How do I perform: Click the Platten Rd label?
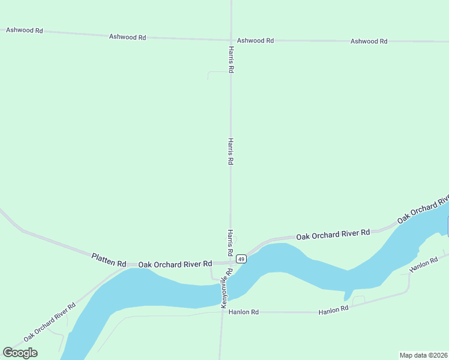(109, 260)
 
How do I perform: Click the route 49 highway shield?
(241, 259)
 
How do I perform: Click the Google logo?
(20, 353)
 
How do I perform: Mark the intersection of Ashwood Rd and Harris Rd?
(231, 40)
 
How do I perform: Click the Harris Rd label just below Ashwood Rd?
(231, 59)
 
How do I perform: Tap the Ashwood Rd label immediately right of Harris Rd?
(255, 40)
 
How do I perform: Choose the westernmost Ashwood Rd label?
(24, 29)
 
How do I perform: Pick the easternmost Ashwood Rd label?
(369, 41)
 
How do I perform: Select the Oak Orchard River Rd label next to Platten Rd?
(175, 263)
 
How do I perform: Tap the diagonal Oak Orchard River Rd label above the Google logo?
(49, 322)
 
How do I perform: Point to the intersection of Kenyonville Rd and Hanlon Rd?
(221, 312)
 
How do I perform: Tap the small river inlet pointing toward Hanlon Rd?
(346, 295)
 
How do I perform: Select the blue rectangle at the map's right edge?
(448, 226)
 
